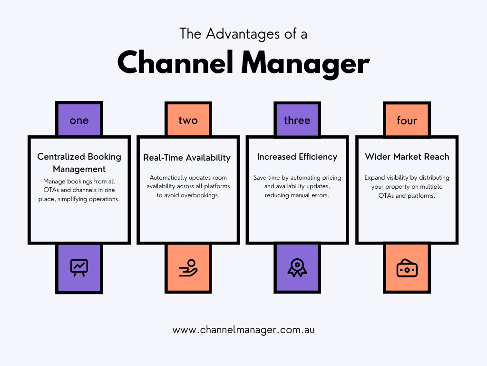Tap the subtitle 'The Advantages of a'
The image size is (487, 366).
(243, 33)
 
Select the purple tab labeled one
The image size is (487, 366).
(79, 120)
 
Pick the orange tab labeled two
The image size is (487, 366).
(188, 120)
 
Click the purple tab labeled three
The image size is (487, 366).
(297, 120)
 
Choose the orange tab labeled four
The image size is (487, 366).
(407, 120)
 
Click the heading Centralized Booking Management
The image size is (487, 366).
(79, 163)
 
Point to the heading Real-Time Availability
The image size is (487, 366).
(187, 158)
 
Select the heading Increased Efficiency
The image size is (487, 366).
(297, 157)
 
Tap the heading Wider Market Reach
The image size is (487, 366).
(407, 157)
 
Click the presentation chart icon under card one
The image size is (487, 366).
(79, 268)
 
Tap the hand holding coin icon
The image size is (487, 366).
(188, 268)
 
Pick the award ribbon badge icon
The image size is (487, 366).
(297, 268)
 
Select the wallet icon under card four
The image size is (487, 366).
(407, 269)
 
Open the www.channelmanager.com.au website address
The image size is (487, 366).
(243, 330)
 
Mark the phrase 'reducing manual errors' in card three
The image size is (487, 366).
(297, 195)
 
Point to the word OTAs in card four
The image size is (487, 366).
(381, 195)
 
